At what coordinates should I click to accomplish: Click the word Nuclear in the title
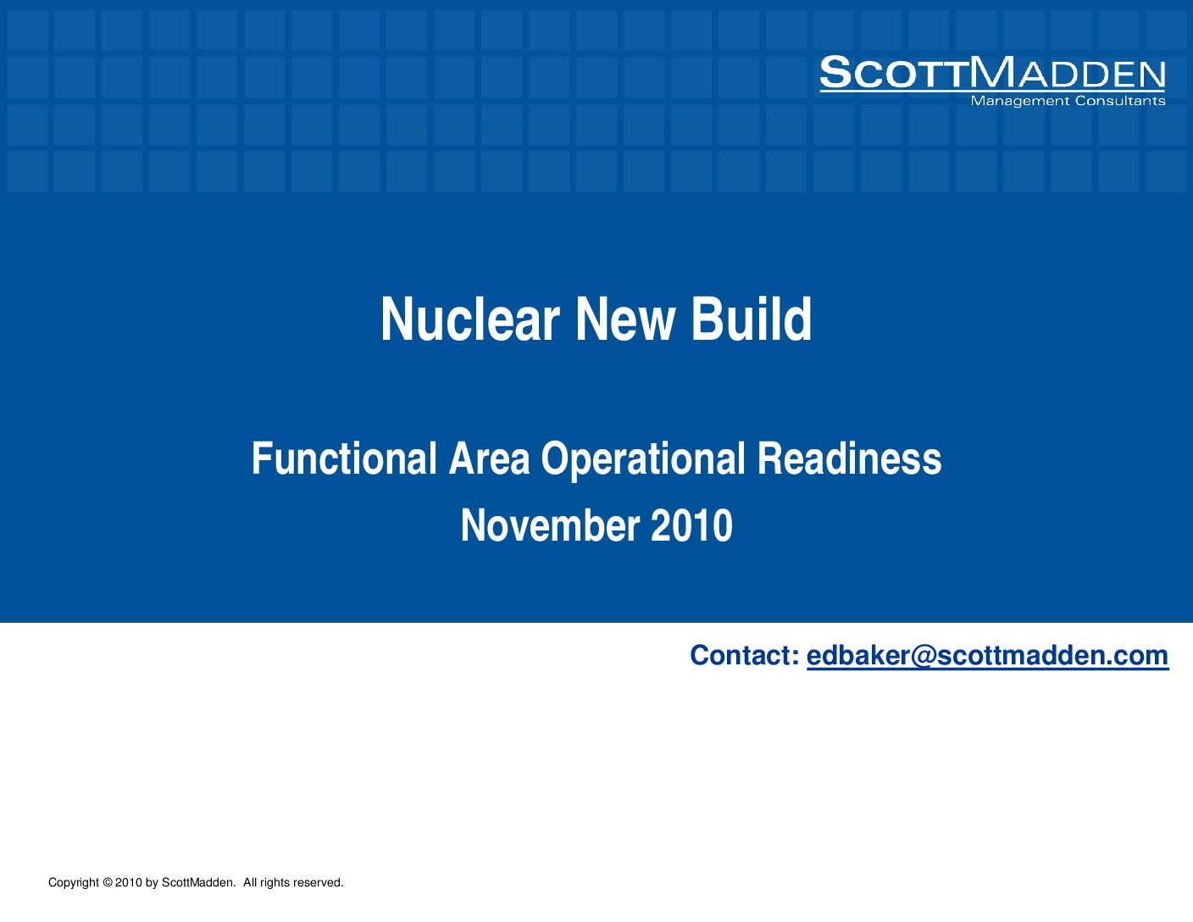click(470, 319)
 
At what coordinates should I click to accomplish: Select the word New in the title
click(624, 319)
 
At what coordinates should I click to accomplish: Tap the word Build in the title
click(751, 319)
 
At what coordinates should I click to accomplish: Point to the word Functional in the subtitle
click(344, 458)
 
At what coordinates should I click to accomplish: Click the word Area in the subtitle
click(489, 458)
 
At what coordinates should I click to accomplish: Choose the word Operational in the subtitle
click(643, 460)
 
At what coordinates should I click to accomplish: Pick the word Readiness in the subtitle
click(849, 458)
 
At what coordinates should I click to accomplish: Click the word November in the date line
click(550, 525)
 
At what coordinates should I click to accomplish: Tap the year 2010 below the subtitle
click(691, 525)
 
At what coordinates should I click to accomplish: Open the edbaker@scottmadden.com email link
click(987, 656)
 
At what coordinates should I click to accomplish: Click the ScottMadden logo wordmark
click(992, 73)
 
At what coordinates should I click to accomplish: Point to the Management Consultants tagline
click(1068, 101)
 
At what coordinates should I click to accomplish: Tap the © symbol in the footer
click(107, 882)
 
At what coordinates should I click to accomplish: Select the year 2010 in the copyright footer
click(129, 882)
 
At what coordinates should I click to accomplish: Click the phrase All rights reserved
click(293, 882)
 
